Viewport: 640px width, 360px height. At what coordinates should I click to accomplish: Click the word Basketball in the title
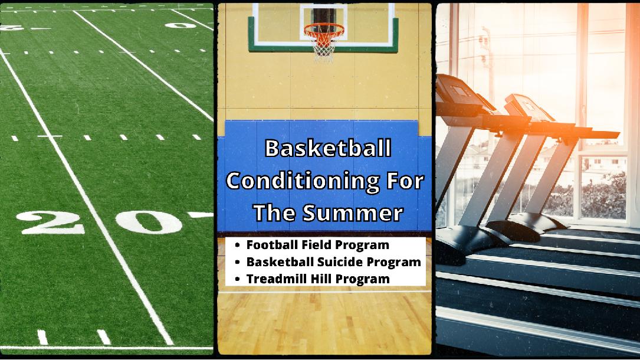click(327, 149)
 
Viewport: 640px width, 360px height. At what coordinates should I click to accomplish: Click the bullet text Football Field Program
click(318, 244)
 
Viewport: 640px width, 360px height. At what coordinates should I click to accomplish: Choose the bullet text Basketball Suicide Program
click(334, 261)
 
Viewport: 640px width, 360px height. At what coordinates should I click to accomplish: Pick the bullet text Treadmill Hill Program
click(319, 279)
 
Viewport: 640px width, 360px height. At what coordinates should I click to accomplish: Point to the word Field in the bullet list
click(318, 244)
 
